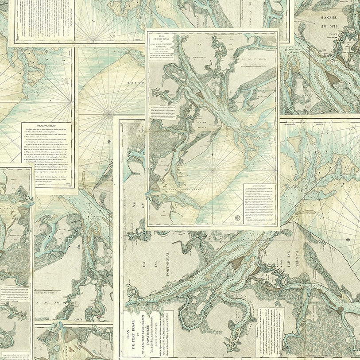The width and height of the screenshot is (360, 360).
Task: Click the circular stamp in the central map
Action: tap(237, 217)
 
